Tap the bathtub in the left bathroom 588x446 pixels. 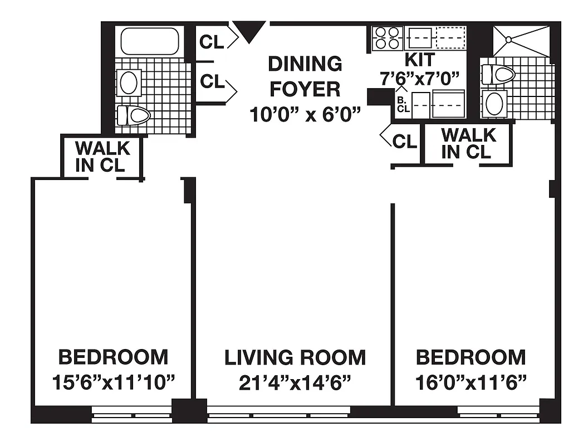click(x=150, y=41)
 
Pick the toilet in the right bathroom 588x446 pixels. click(x=497, y=74)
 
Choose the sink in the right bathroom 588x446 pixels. click(x=494, y=104)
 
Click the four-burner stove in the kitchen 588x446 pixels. click(x=386, y=38)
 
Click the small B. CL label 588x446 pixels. click(x=403, y=105)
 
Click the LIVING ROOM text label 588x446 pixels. click(x=295, y=357)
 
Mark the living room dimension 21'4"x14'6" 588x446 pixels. click(x=295, y=383)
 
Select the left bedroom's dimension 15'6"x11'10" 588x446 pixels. click(x=113, y=383)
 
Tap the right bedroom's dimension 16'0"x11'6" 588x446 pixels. click(x=471, y=383)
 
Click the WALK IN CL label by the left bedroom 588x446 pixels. click(x=102, y=157)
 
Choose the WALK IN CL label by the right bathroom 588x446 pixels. click(x=468, y=143)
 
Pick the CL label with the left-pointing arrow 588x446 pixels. click(x=403, y=141)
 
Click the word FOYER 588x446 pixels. click(x=305, y=89)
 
